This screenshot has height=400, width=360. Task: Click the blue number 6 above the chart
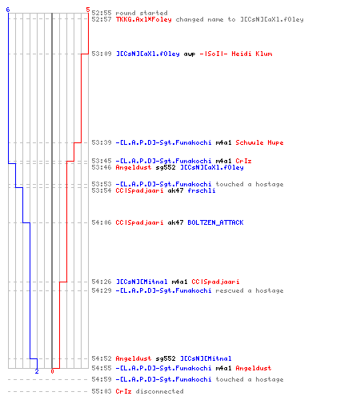click(8, 10)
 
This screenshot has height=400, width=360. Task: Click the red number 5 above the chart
click(88, 10)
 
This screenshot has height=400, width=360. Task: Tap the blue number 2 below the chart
click(37, 371)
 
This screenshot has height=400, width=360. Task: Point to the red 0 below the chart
click(52, 371)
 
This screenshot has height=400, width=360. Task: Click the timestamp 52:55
click(102, 13)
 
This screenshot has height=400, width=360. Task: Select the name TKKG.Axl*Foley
click(144, 19)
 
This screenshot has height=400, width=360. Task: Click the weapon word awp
click(190, 54)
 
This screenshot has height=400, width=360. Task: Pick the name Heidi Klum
click(252, 54)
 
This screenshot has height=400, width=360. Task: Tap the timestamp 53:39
click(102, 142)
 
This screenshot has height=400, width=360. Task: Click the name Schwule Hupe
click(259, 142)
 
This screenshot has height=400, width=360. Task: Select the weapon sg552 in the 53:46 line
click(166, 167)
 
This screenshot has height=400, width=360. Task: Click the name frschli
click(202, 190)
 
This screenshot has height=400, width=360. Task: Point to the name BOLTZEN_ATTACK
click(215, 222)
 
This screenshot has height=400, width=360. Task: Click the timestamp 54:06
click(102, 222)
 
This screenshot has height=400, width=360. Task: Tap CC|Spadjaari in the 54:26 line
click(215, 282)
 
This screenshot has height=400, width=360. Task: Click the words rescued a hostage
click(250, 290)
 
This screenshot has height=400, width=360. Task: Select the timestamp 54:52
click(102, 358)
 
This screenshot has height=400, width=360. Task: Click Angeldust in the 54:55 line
click(254, 368)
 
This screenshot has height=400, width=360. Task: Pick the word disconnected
click(159, 391)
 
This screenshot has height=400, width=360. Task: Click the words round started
click(142, 13)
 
